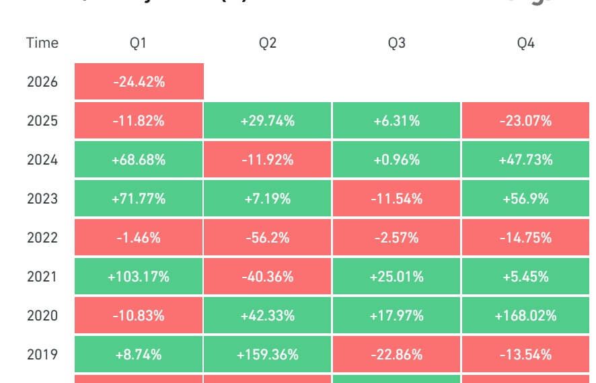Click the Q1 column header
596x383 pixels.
coord(139,43)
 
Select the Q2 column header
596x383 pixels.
coord(268,43)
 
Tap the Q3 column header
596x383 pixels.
coord(397,43)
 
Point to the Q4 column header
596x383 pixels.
coord(526,43)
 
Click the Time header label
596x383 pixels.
coord(42,43)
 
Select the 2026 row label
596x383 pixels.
coord(42,82)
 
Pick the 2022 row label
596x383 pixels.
coord(42,238)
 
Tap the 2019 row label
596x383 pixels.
coord(42,355)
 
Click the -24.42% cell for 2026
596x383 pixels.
coord(139,82)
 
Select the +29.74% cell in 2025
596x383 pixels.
coord(268,121)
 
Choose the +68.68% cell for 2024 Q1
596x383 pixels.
coord(139,160)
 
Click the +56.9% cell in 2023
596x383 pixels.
coord(526,199)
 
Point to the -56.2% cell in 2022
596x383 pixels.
coord(268,238)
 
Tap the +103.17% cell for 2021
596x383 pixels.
coord(139,277)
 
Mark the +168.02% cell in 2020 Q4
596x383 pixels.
coord(526,316)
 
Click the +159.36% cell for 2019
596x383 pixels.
coord(268,355)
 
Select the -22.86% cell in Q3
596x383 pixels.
coord(397,355)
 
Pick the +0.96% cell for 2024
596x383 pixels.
coord(397,160)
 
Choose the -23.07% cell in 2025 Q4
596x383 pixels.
coord(526,121)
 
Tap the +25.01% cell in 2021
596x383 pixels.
coord(397,277)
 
